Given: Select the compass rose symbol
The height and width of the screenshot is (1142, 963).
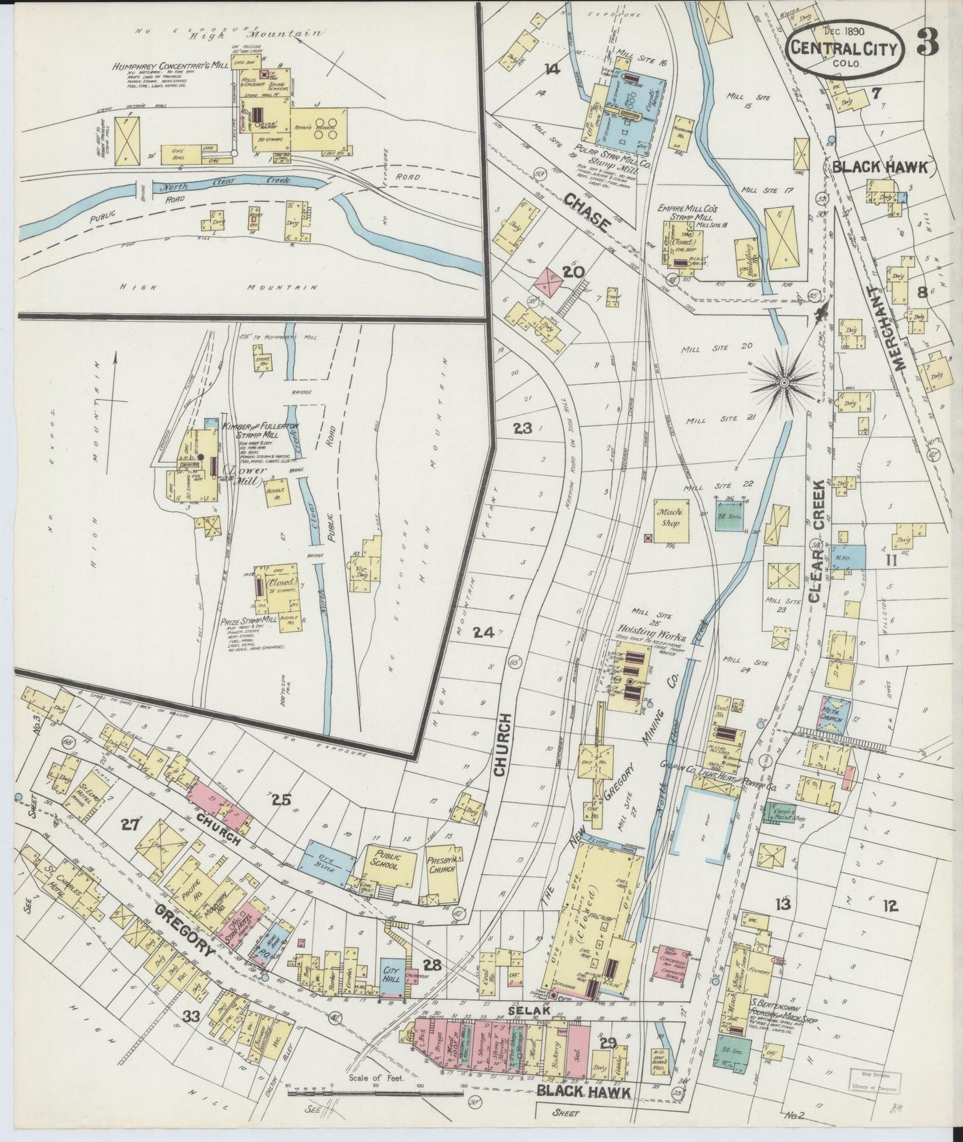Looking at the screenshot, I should click(784, 382).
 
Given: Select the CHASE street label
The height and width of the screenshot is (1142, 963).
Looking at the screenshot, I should click(586, 213).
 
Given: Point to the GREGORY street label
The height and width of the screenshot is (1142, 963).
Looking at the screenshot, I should click(187, 933).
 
